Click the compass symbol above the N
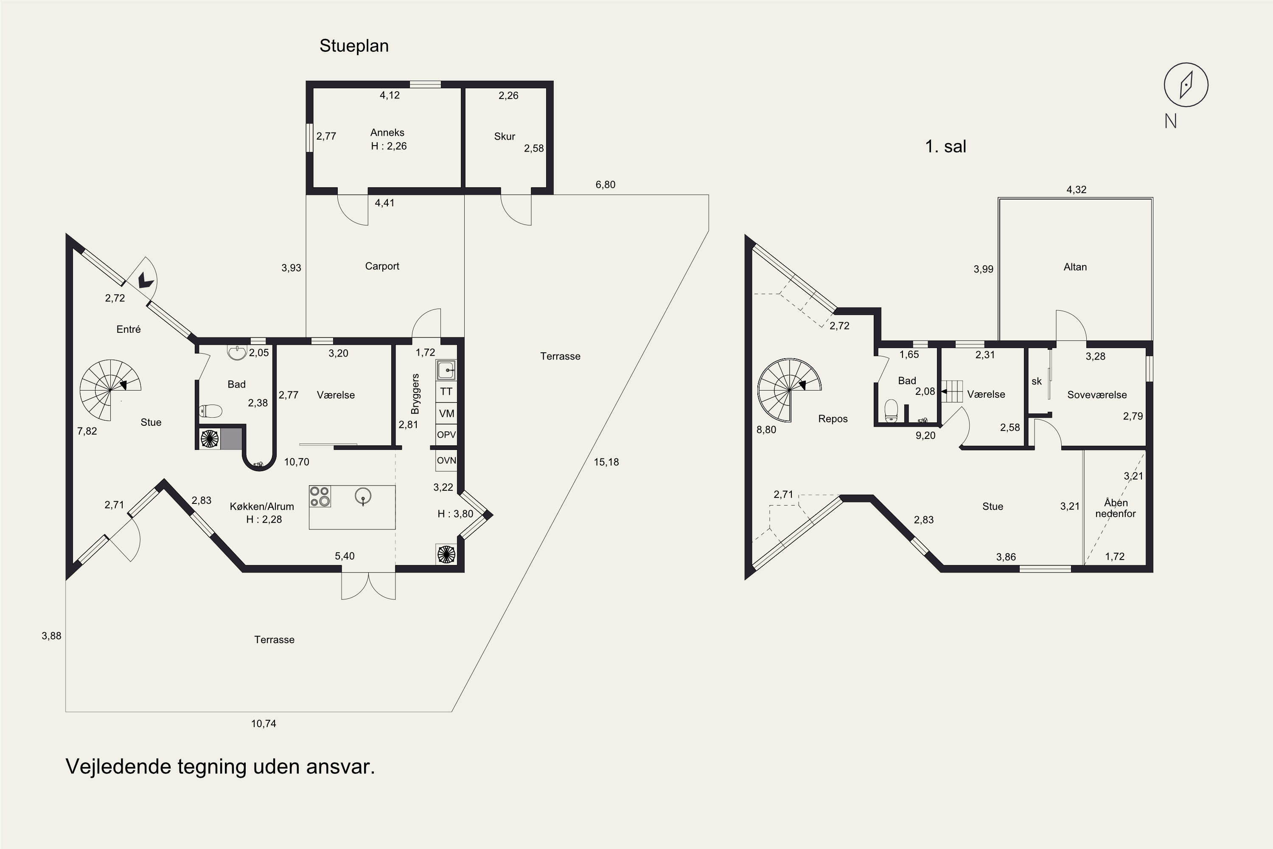tap(1186, 85)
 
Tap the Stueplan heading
tap(354, 46)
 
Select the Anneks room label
tap(387, 132)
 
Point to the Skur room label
tap(505, 136)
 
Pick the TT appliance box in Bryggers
tap(446, 391)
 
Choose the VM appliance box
tap(446, 413)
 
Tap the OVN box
tap(446, 461)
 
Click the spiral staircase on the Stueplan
tap(110, 390)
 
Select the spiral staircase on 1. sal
tap(789, 390)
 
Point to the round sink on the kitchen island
tap(363, 495)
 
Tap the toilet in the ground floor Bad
tap(210, 411)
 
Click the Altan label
tap(1075, 267)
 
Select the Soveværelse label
tap(1096, 395)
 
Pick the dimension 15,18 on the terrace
tap(606, 462)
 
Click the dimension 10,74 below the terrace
tap(264, 723)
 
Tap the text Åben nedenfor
tap(1116, 508)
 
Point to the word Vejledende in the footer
tap(118, 767)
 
